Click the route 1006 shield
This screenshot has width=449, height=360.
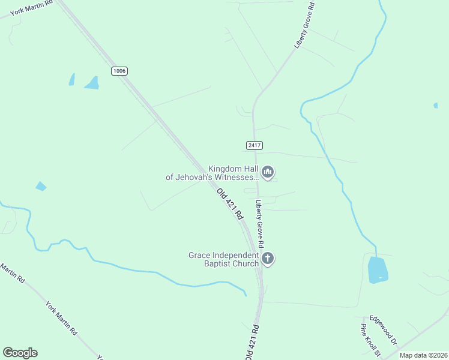(x=119, y=71)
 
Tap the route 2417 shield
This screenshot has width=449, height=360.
(x=254, y=145)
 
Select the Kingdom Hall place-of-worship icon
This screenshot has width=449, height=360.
(x=268, y=173)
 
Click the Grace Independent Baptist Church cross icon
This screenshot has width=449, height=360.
(x=268, y=259)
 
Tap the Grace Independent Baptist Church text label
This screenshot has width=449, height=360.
(x=223, y=259)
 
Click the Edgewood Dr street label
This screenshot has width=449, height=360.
(x=384, y=329)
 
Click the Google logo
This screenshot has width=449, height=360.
(x=20, y=353)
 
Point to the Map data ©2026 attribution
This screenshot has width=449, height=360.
(x=423, y=355)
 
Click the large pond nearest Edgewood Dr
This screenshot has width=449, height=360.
(x=378, y=269)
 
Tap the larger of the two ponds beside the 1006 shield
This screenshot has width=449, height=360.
(x=92, y=83)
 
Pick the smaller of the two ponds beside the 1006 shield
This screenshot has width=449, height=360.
(x=72, y=79)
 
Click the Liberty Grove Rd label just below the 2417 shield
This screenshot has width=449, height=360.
(x=259, y=224)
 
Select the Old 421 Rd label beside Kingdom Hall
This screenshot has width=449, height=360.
(x=230, y=203)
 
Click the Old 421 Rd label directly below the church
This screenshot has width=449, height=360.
(x=252, y=343)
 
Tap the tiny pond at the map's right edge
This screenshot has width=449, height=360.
(x=435, y=106)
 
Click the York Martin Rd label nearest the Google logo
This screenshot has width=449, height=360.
(x=61, y=318)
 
